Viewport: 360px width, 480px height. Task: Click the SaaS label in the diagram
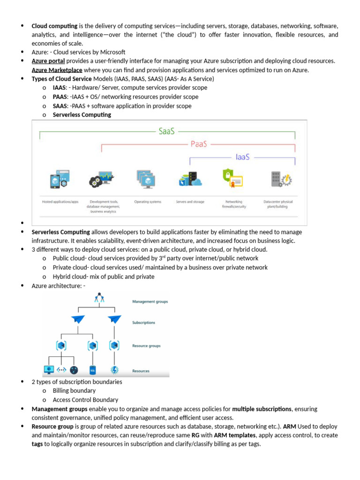tap(166, 132)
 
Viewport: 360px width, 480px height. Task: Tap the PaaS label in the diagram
tap(199, 144)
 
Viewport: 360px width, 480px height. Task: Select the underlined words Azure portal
tap(48, 61)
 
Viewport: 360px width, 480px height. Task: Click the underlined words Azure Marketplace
tap(57, 70)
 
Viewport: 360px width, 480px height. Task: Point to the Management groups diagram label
tap(150, 302)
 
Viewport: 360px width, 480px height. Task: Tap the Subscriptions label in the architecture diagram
tap(143, 323)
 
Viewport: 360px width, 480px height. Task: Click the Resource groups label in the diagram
tap(146, 346)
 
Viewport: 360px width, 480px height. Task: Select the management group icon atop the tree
tap(98, 298)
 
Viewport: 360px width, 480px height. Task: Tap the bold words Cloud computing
tap(54, 26)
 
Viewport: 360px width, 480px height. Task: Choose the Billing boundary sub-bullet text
tap(74, 391)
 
